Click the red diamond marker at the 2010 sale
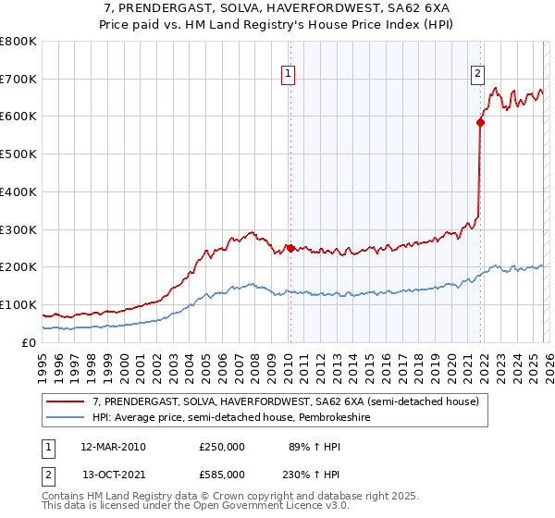pyautogui.click(x=290, y=248)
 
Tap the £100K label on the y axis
pyautogui.click(x=18, y=304)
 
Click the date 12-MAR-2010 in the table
pyautogui.click(x=113, y=447)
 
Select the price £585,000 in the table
pyautogui.click(x=222, y=474)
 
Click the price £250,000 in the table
pyautogui.click(x=222, y=447)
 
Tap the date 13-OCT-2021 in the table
pyautogui.click(x=113, y=474)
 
